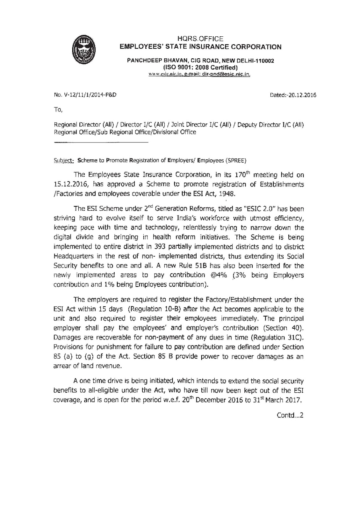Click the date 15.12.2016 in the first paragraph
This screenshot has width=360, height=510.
point(70,184)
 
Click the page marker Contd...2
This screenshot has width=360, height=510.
point(290,416)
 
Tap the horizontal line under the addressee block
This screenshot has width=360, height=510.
point(101,141)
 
